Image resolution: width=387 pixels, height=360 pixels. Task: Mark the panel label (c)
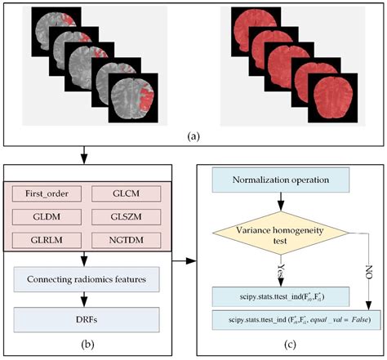point(291,344)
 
